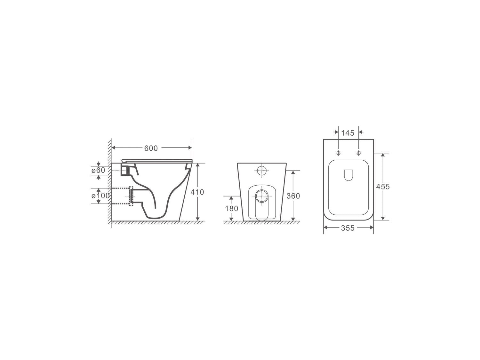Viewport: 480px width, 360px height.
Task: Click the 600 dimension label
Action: coord(151,148)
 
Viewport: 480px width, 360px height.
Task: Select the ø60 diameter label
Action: coord(98,170)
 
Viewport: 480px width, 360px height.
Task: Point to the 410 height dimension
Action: coord(197,192)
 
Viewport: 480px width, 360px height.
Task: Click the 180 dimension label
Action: coord(231,209)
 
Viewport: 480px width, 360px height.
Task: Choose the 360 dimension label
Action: coord(293,196)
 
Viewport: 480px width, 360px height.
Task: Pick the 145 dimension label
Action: coord(348,133)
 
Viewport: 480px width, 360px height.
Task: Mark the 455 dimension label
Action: coord(383,187)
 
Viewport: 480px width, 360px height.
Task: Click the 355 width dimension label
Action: coord(348,228)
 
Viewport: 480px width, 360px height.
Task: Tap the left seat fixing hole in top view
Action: coord(338,153)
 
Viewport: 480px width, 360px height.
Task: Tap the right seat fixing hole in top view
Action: coord(358,153)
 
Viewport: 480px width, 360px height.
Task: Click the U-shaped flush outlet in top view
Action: coord(348,175)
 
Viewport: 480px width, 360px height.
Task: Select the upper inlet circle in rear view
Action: coord(262,171)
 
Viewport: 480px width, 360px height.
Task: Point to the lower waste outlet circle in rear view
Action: coord(262,195)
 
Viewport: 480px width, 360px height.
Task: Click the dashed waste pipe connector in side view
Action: coord(131,196)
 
